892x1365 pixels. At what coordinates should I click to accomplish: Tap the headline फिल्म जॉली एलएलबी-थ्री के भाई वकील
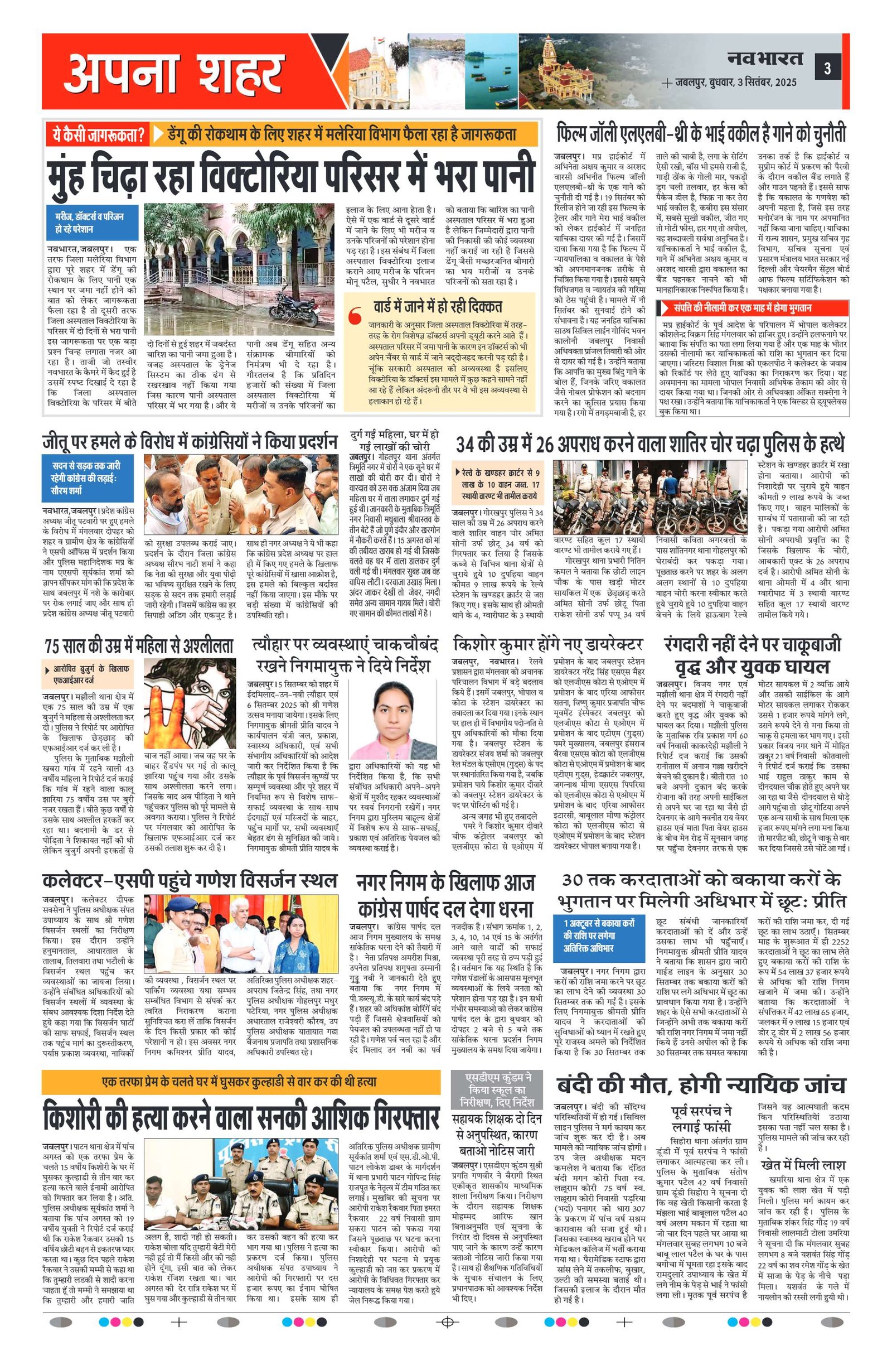click(x=701, y=136)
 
